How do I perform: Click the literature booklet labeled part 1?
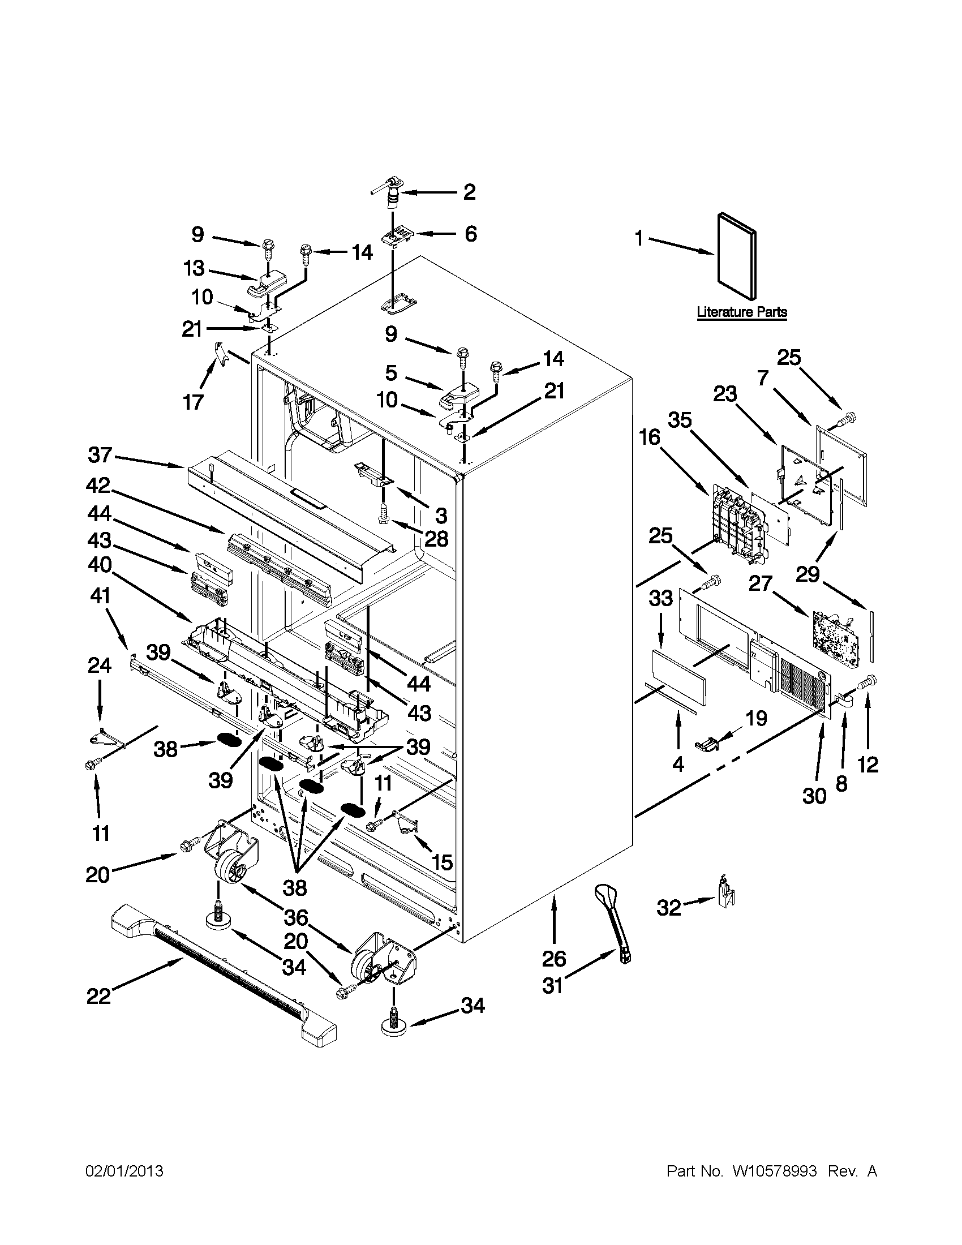(737, 256)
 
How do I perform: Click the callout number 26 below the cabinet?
(554, 959)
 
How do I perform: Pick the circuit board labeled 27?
(834, 633)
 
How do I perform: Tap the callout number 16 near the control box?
(649, 438)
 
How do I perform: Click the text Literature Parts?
(741, 312)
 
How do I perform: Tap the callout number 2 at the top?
(469, 192)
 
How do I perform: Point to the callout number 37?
(100, 456)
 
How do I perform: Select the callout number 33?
(661, 599)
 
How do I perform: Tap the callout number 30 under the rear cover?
(814, 796)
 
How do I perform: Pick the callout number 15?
(443, 862)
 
